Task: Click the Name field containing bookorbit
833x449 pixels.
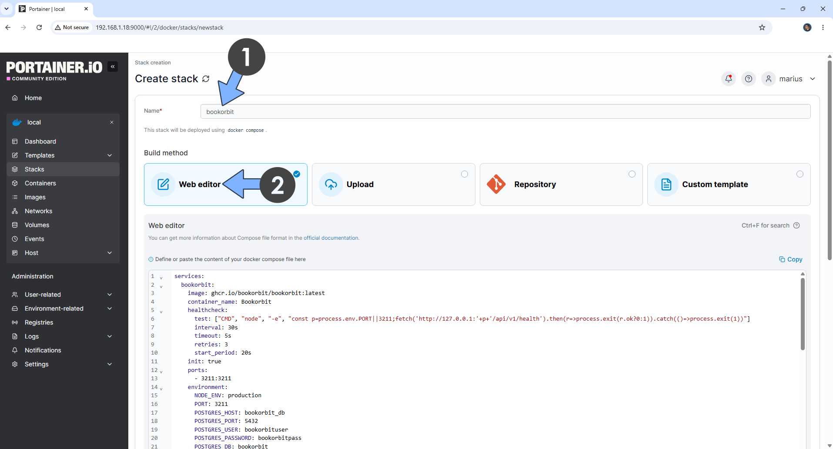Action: [x=505, y=111]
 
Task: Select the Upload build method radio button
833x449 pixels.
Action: [x=465, y=174]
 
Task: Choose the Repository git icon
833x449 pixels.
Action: [x=496, y=184]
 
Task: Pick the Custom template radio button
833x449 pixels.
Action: [x=800, y=174]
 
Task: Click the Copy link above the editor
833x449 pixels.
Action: [x=790, y=259]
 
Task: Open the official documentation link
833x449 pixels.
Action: [x=331, y=238]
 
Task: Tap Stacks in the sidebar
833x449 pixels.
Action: [x=34, y=169]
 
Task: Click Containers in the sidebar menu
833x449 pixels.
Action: [x=40, y=183]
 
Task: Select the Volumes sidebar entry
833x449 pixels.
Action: [x=37, y=225]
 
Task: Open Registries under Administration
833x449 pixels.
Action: [x=39, y=322]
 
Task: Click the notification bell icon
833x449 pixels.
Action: [x=729, y=79]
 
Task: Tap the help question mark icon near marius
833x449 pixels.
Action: [x=749, y=79]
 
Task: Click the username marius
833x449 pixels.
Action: [x=791, y=79]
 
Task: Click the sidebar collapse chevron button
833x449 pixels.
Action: [x=113, y=67]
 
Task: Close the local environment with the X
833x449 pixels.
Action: [x=112, y=122]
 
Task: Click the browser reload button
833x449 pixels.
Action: [x=39, y=27]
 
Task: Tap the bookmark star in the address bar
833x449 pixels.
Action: [x=762, y=27]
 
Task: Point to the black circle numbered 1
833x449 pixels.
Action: [x=247, y=57]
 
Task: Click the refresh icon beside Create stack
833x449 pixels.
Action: [x=206, y=79]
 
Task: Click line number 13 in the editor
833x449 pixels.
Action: [x=154, y=379]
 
